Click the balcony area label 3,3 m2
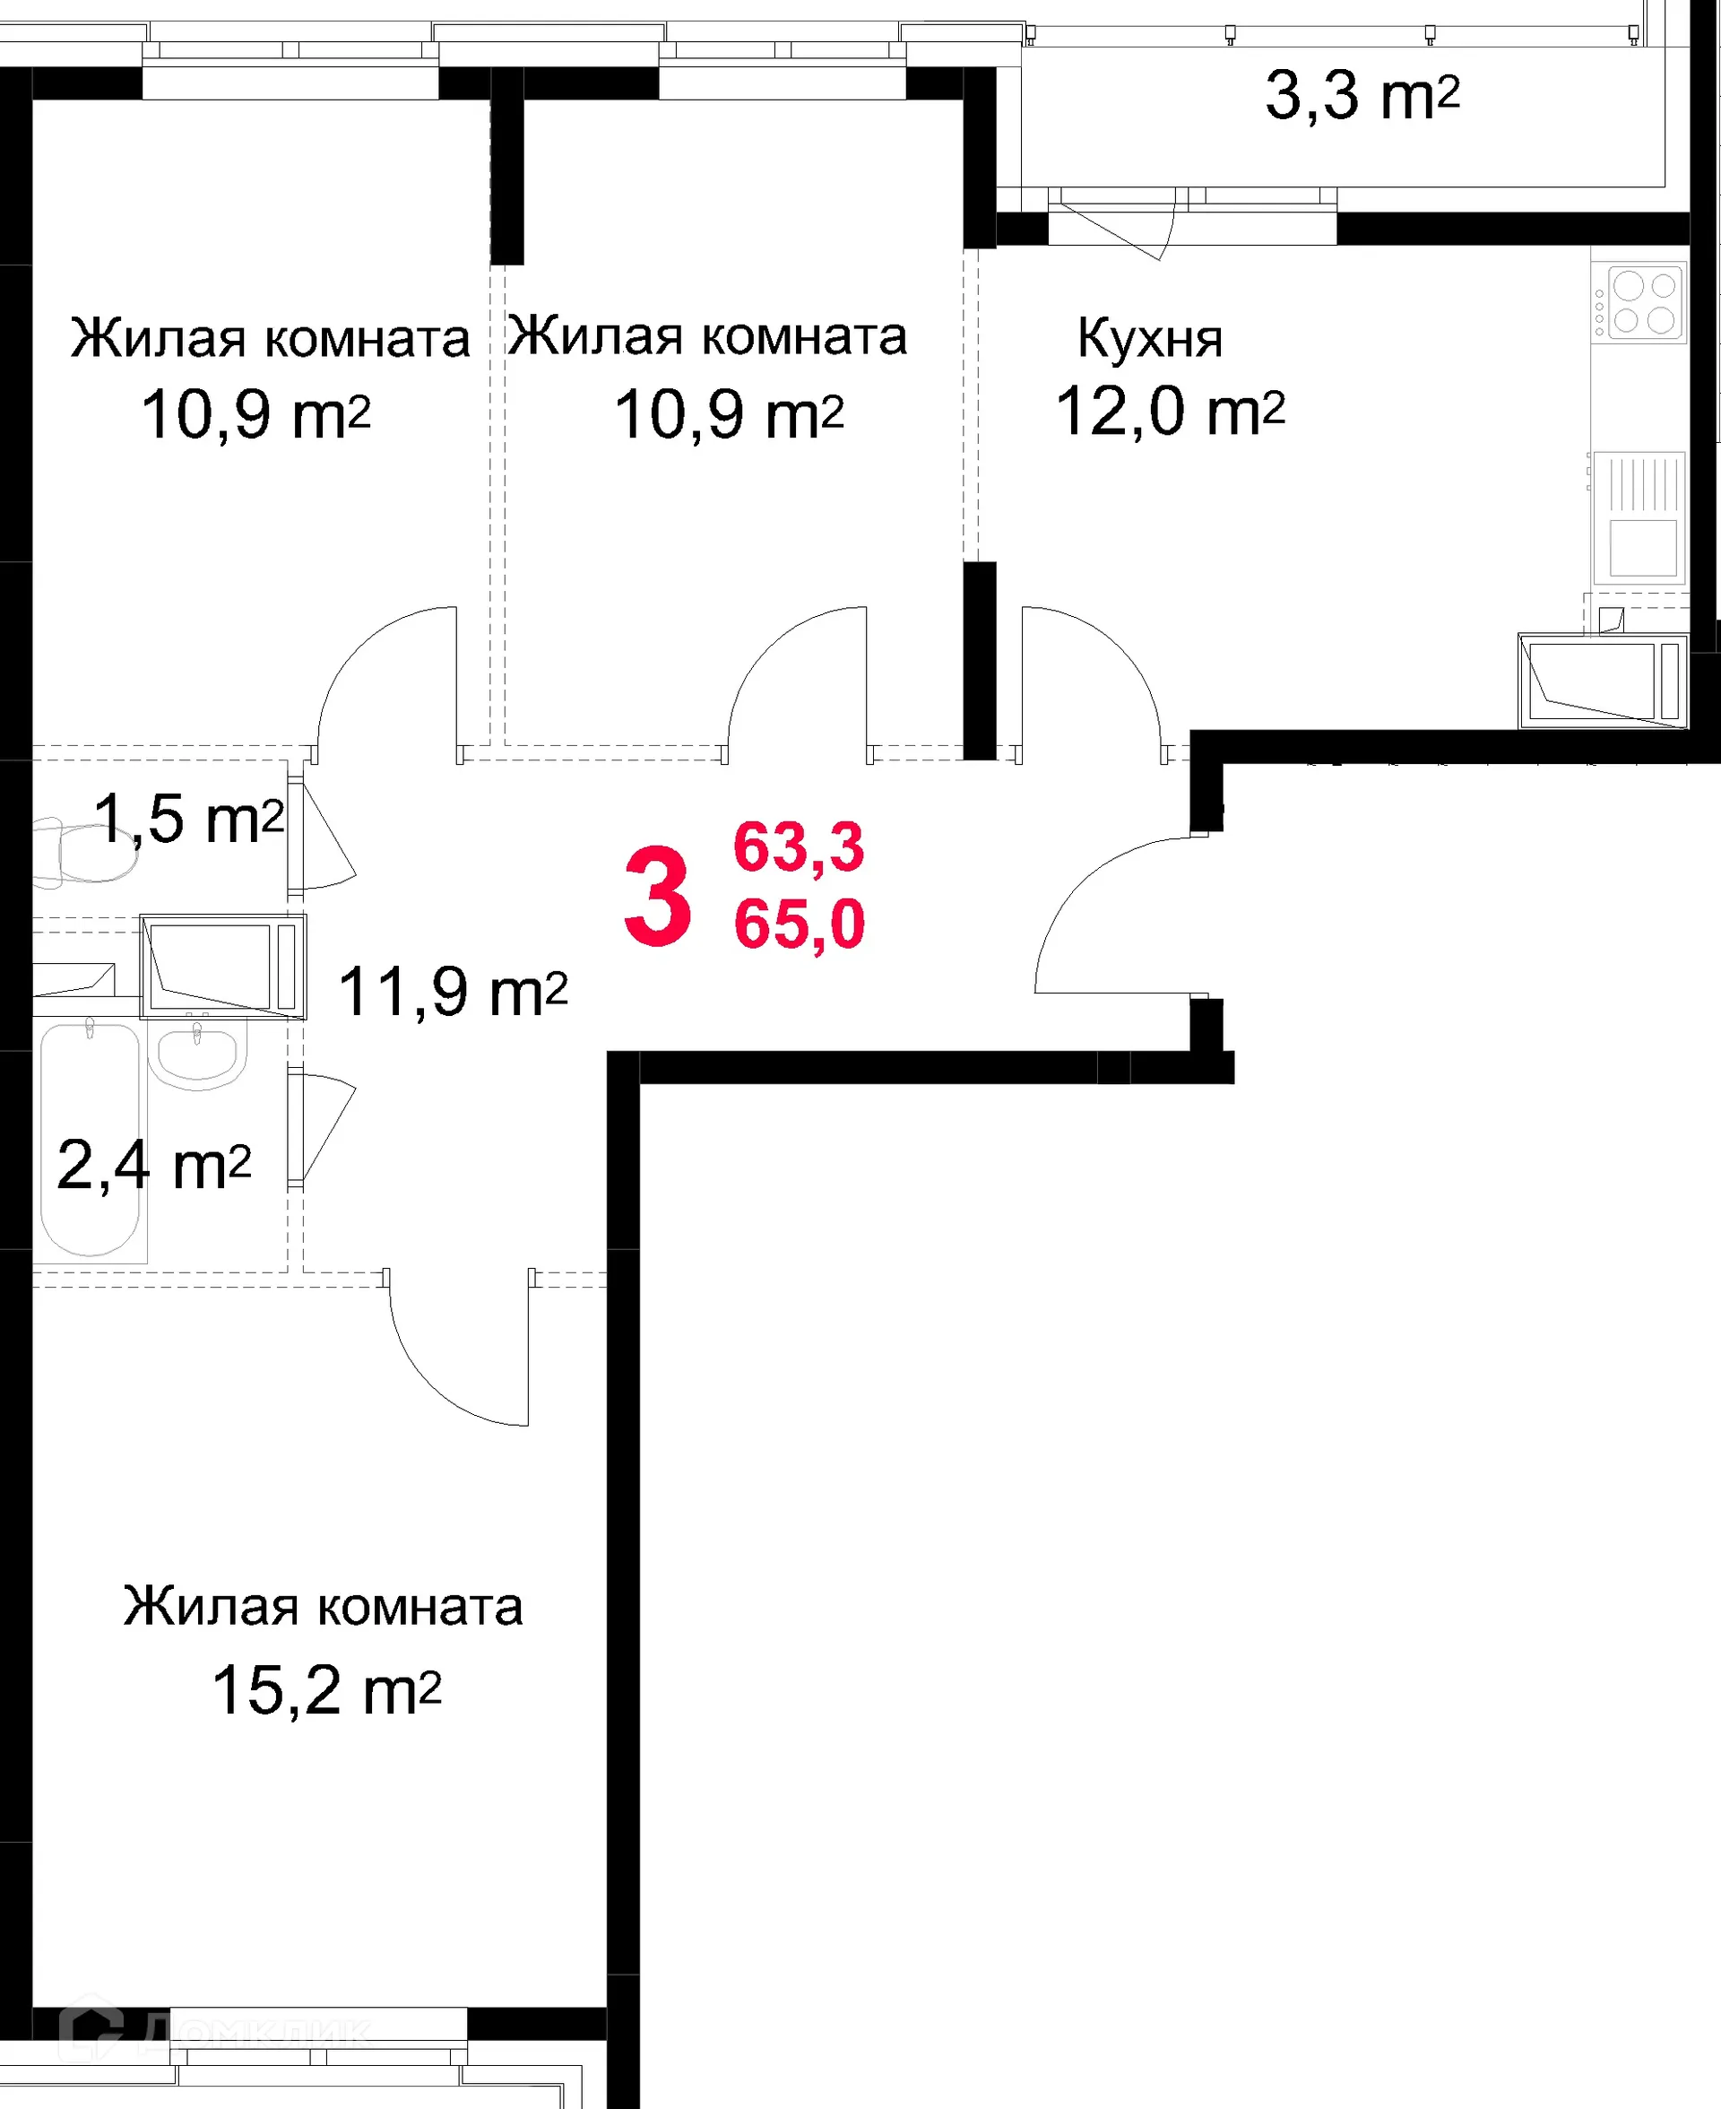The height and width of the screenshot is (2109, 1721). click(x=1362, y=96)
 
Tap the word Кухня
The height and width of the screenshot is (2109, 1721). click(x=1150, y=339)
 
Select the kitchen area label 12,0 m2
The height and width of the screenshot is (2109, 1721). click(x=1170, y=412)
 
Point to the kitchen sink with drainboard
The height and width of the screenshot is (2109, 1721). click(x=1643, y=516)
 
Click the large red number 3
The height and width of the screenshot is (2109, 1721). click(x=657, y=898)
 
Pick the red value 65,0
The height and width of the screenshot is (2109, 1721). click(x=799, y=924)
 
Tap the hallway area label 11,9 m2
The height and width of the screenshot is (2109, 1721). click(x=452, y=992)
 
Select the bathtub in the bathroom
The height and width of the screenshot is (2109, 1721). click(x=90, y=1141)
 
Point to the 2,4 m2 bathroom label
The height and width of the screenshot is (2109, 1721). click(x=153, y=1165)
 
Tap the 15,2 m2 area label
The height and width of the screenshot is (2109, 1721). click(x=326, y=1689)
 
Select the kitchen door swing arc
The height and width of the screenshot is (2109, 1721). click(x=1101, y=674)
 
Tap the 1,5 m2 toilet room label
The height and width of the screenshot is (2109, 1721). click(x=188, y=819)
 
